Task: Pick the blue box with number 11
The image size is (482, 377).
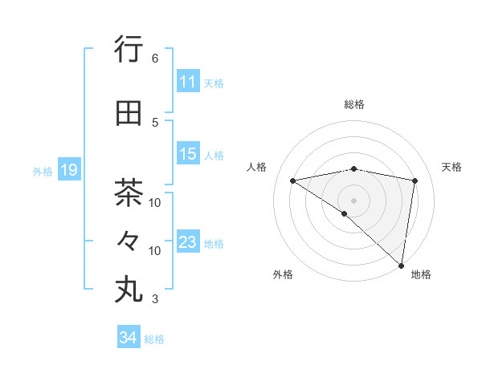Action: point(187,82)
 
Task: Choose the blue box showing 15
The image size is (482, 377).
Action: point(187,154)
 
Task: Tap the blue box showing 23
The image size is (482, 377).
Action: point(187,242)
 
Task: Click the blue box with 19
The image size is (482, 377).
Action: point(68,170)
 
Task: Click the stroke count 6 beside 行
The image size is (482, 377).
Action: point(155,59)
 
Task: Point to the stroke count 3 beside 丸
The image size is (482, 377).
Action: point(155,300)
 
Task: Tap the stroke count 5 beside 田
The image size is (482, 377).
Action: point(155,122)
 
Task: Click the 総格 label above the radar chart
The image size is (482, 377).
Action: point(354,104)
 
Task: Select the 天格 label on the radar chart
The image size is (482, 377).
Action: point(452,167)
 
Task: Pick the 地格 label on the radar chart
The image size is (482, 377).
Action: point(421,274)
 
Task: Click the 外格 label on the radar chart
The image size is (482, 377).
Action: point(283,274)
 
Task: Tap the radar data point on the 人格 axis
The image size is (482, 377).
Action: point(293,180)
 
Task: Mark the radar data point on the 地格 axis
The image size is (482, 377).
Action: point(401,265)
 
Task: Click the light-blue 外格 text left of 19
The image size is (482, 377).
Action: point(42,171)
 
